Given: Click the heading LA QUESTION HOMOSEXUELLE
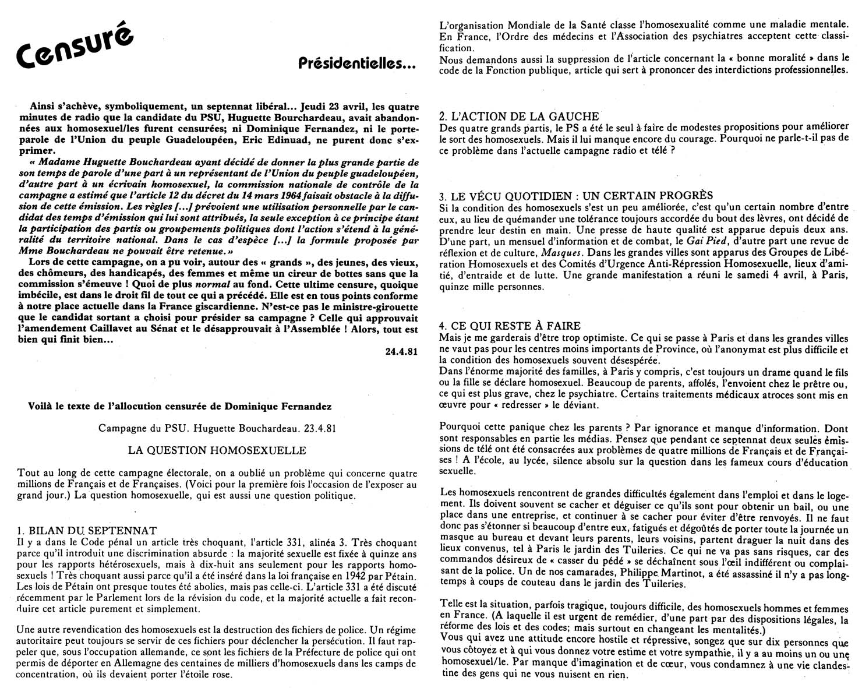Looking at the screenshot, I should tap(217, 450).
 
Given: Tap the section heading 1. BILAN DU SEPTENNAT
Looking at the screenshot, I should tap(87, 530).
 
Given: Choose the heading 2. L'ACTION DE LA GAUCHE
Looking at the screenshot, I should tap(519, 117).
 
